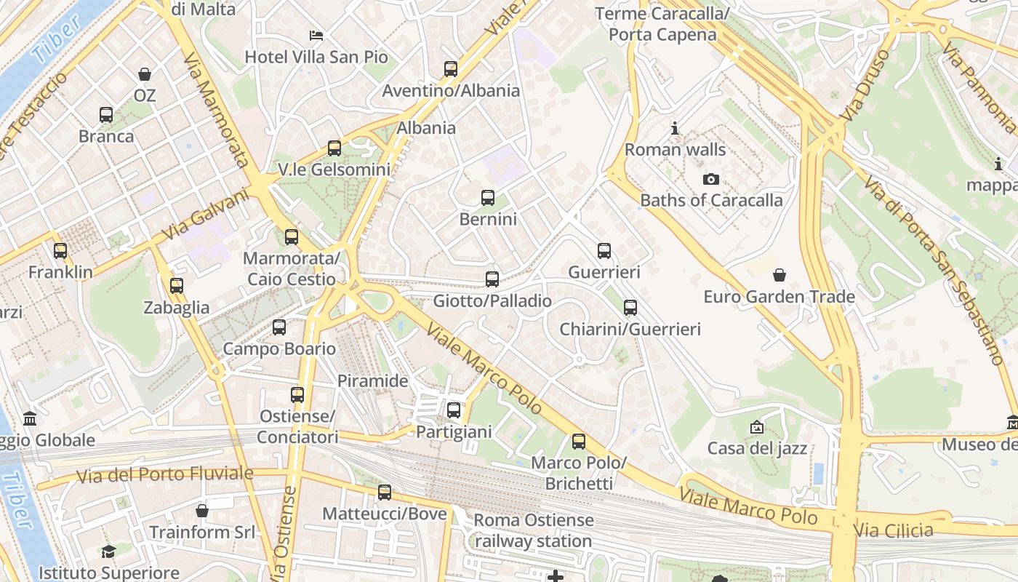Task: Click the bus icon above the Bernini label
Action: (x=488, y=198)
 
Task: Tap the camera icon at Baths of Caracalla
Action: (x=710, y=179)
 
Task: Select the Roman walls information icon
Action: (x=675, y=129)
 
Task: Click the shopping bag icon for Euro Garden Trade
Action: (x=779, y=275)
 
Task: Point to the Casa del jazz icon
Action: (x=757, y=427)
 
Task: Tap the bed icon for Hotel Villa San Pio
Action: (x=316, y=35)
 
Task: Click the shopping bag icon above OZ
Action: (x=145, y=74)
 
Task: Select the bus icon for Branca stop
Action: (x=106, y=115)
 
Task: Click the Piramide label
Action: (x=373, y=380)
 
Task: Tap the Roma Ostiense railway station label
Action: (x=533, y=531)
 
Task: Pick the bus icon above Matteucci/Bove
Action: (x=385, y=493)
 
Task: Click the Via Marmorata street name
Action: (x=216, y=109)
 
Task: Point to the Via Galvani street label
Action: (x=206, y=215)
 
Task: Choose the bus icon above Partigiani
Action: (x=454, y=410)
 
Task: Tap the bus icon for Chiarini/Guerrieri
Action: (x=630, y=308)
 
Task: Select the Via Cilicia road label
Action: (x=894, y=531)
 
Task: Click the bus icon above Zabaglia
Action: (x=177, y=286)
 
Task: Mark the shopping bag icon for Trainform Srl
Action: (x=202, y=511)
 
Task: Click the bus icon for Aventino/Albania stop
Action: (x=451, y=69)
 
